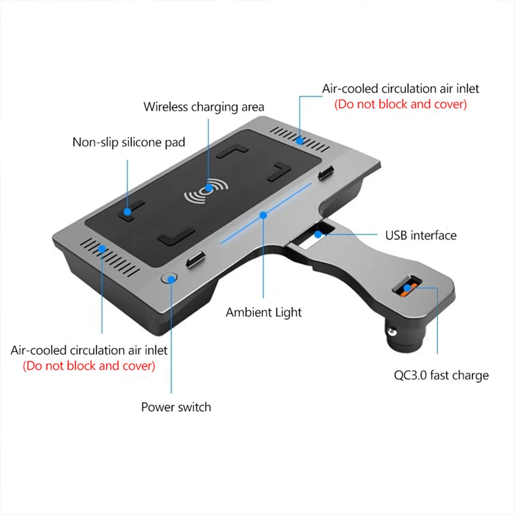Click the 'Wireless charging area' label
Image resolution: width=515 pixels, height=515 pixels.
coord(203,107)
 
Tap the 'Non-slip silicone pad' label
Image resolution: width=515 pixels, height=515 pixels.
coord(128,142)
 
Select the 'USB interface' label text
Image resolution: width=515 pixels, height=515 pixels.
coord(421,235)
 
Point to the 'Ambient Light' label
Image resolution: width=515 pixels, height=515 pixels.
coord(264,312)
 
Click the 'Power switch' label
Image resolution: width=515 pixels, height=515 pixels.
coord(176,407)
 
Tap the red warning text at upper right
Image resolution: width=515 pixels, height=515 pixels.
coord(401,104)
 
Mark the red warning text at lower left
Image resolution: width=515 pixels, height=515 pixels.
coord(89,366)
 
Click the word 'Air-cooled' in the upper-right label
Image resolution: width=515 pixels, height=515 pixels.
coord(349,89)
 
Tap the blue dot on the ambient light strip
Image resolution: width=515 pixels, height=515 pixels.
coord(263,213)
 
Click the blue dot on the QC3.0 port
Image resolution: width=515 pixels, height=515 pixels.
coord(408,286)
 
